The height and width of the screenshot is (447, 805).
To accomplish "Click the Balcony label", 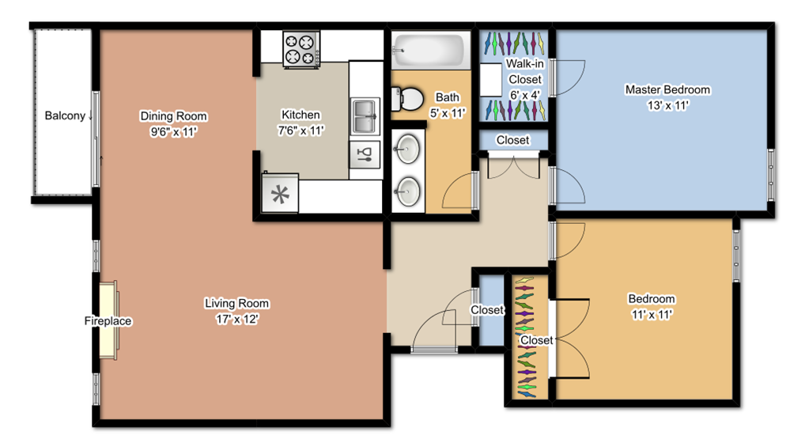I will (65, 116).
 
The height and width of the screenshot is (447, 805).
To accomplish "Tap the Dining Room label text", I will (173, 116).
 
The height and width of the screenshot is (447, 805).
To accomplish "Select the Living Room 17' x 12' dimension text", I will (237, 320).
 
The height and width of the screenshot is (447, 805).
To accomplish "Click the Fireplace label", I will (108, 321).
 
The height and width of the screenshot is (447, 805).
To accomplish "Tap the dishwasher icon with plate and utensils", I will (365, 155).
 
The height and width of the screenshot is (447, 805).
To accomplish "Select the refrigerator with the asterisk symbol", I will (281, 194).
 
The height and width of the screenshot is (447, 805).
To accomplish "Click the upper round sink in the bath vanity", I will (408, 147).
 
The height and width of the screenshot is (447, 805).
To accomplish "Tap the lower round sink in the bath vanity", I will (408, 191).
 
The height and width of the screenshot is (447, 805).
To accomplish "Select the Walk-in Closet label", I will (525, 71).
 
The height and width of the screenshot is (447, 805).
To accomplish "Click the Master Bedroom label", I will (667, 89).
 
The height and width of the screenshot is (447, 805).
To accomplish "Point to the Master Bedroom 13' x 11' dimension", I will (667, 105).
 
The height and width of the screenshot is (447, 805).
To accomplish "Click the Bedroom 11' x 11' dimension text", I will (652, 314).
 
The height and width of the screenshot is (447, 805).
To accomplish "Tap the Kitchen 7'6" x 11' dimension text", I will (301, 131).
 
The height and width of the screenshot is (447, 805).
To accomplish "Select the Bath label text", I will (448, 97).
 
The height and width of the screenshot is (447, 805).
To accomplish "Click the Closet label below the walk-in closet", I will (512, 140).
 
